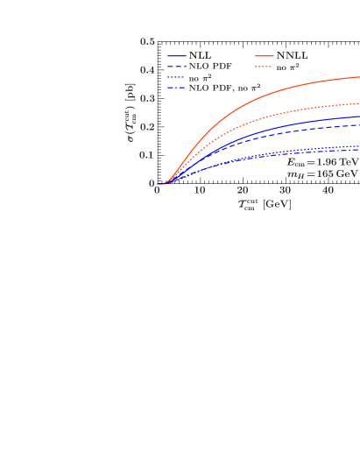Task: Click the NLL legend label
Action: coord(200,56)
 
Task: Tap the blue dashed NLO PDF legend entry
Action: coord(209,67)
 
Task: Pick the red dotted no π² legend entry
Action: coord(293,67)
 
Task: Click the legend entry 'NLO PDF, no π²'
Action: coord(223,88)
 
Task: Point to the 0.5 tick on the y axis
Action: coord(147,41)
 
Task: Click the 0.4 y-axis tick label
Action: coord(147,70)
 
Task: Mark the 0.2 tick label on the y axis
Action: coord(147,127)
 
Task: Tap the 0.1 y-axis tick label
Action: coord(147,155)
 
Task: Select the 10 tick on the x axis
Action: coord(200,191)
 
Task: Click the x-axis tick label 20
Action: coord(243,191)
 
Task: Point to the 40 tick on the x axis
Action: coord(328,191)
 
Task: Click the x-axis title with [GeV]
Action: coord(264,204)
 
